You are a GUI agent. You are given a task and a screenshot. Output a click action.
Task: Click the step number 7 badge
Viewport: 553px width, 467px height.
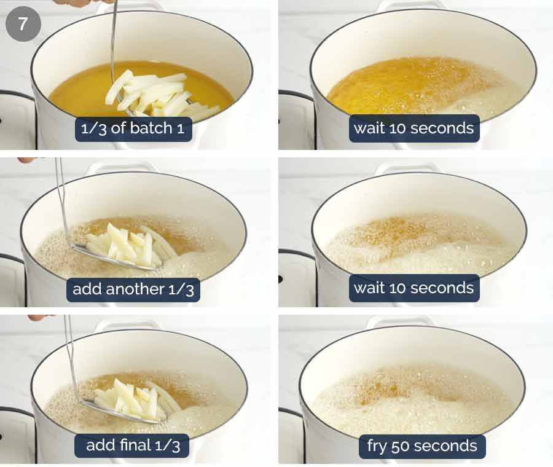(23, 25)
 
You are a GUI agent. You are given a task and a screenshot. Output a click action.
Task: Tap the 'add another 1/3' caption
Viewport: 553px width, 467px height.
(133, 289)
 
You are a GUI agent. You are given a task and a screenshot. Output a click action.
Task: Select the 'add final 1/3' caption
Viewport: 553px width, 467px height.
(133, 445)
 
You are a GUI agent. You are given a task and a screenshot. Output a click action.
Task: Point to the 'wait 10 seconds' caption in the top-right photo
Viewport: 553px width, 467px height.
(414, 128)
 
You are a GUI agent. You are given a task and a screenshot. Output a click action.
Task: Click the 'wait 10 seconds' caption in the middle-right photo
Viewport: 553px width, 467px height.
(414, 288)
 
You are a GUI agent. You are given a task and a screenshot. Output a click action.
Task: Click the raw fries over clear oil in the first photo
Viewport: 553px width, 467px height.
(154, 95)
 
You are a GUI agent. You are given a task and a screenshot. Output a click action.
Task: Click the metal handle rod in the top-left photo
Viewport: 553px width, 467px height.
(112, 37)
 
